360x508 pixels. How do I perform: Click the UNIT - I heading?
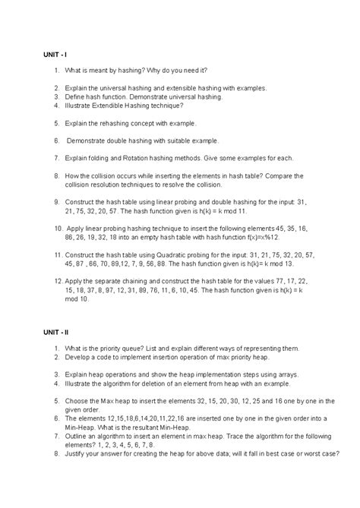[55, 55]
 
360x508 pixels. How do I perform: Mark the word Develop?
[80, 357]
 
